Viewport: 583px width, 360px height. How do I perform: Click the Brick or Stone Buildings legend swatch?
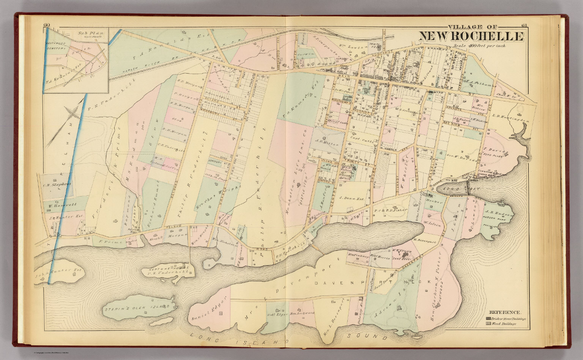tap(488, 319)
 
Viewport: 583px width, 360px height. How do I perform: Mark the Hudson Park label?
tap(498, 219)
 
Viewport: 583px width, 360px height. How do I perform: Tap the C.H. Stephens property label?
tap(57, 185)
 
